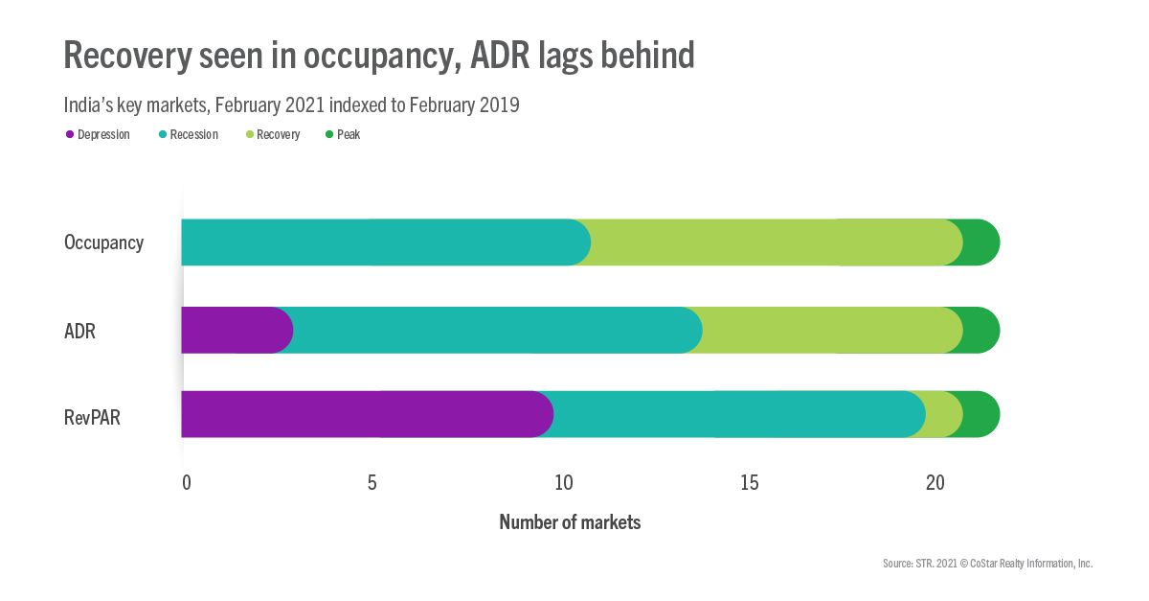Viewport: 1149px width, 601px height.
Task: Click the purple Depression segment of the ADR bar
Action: coord(235,330)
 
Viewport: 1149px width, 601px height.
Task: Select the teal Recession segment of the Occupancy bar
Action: coord(383,242)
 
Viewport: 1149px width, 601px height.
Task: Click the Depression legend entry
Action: coord(98,135)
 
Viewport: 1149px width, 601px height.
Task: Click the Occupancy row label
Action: coord(103,243)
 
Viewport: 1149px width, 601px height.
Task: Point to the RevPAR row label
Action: coord(92,417)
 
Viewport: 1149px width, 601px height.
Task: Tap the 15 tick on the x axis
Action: coord(750,482)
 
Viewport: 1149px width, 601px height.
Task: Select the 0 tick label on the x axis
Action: coord(187,482)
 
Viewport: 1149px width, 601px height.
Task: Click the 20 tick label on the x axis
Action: coord(935,482)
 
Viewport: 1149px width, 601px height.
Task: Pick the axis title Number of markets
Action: coord(570,522)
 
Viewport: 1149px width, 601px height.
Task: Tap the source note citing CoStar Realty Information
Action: coord(987,564)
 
